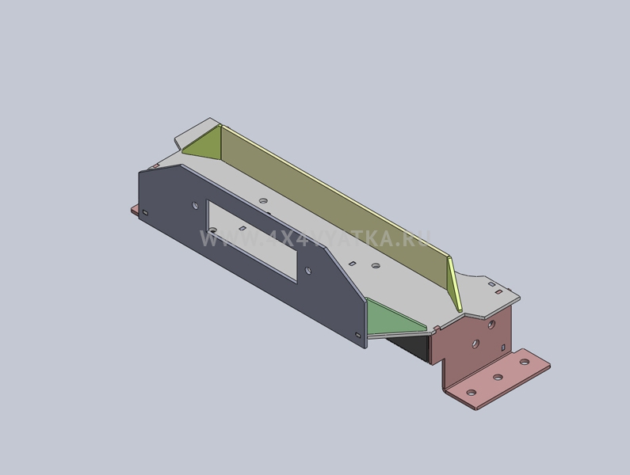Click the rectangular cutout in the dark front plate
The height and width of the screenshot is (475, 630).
252,241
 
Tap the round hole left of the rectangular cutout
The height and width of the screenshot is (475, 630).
195,205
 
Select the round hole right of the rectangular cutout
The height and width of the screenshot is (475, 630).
308,271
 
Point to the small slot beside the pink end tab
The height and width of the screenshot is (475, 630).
146,212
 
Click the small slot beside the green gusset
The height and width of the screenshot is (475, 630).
358,335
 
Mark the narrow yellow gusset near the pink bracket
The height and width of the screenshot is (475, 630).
454,284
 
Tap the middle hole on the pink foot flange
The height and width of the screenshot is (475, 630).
498,378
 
